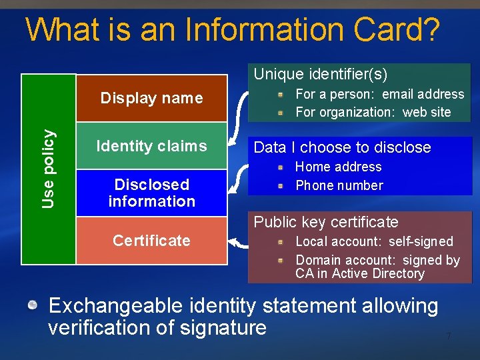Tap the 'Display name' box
[x=151, y=98]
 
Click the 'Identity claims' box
[x=151, y=146]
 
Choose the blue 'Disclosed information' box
[x=151, y=193]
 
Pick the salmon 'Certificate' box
[x=151, y=240]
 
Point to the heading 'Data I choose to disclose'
[x=343, y=147]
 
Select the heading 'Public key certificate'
[x=326, y=222]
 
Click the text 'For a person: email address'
[x=379, y=94]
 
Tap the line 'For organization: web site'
[x=373, y=112]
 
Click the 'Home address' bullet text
[x=338, y=167]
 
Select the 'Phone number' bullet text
[x=339, y=185]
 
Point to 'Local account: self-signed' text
[x=374, y=241]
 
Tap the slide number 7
[x=449, y=337]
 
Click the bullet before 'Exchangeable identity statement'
[x=33, y=306]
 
